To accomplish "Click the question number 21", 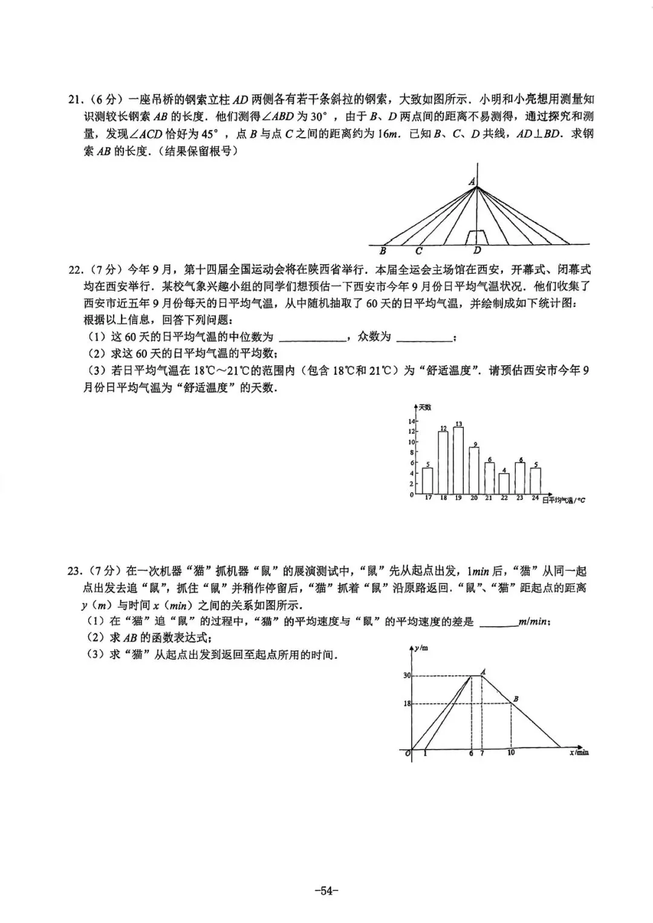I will tap(75, 99).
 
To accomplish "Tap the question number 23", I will tap(75, 571).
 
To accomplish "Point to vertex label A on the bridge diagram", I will tap(472, 181).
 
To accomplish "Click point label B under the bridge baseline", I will tap(383, 251).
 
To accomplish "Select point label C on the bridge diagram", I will tap(418, 251).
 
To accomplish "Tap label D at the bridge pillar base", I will tap(477, 251).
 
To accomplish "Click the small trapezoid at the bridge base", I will tap(478, 237).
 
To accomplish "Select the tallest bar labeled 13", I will tap(458, 460).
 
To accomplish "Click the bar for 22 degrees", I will tap(504, 483).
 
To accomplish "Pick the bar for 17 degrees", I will tap(427, 481).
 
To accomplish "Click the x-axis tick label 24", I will tap(535, 498).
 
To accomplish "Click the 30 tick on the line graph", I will tap(407, 675).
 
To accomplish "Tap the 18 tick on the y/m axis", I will tap(407, 704).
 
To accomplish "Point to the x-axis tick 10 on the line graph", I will tap(511, 753).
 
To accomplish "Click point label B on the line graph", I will tap(516, 699).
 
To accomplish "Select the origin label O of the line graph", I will tap(408, 753).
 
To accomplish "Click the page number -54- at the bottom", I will tap(326, 890).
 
